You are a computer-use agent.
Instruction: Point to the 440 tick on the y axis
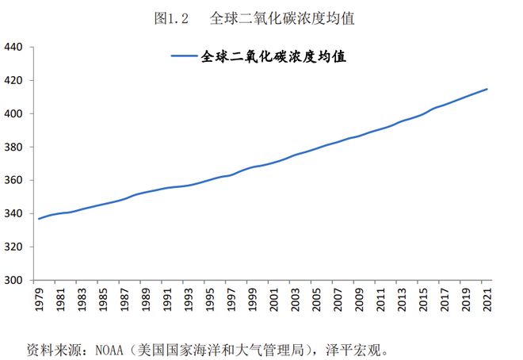click(x=15, y=47)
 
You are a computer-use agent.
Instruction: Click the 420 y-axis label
click(x=15, y=80)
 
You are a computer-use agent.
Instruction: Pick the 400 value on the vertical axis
click(x=15, y=113)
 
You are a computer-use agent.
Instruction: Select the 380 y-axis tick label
click(x=15, y=147)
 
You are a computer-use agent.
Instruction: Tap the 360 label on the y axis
click(x=15, y=180)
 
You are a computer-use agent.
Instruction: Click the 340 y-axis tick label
click(x=15, y=213)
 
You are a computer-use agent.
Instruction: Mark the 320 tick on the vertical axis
click(x=15, y=247)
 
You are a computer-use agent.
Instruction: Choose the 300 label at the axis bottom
click(x=15, y=280)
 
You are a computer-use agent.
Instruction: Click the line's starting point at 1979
click(x=39, y=218)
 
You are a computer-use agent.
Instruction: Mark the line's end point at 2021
click(x=487, y=89)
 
